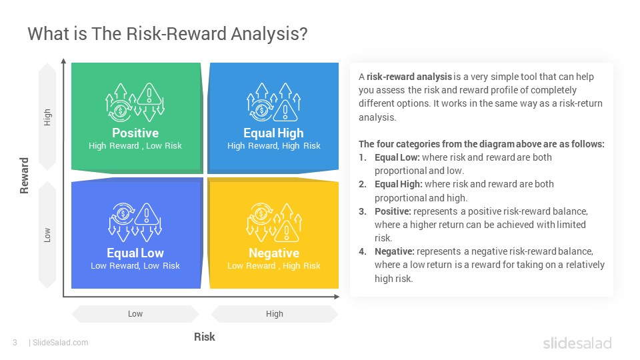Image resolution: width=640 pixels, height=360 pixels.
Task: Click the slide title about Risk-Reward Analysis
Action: coord(167,34)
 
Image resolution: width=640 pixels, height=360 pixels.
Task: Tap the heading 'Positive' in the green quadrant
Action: coord(135,133)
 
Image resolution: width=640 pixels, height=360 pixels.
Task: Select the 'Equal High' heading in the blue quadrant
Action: coord(273,133)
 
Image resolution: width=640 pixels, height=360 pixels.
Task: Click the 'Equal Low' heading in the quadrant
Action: coord(135,253)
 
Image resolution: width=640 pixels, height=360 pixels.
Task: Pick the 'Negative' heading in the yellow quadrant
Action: coord(274,253)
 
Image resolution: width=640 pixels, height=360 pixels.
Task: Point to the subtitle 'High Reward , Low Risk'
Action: coord(135,146)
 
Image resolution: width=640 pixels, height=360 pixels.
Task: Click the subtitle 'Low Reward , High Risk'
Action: coord(274,266)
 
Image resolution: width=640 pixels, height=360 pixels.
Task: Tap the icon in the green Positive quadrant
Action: coord(135,103)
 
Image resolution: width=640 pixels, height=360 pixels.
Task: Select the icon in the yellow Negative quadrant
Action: coord(274,223)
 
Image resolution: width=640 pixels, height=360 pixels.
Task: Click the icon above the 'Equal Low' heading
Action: coord(135,223)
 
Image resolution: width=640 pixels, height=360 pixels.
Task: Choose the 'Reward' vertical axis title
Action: coord(24,175)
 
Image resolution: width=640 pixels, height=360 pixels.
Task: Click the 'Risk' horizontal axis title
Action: coord(204,337)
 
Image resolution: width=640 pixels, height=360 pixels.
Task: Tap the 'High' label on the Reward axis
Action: coord(47,117)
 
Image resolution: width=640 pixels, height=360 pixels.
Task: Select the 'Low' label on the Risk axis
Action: coord(135,314)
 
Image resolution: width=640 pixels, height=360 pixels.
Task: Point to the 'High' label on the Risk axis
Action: coord(274,314)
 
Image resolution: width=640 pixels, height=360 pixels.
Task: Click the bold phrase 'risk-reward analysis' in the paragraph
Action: coord(409,77)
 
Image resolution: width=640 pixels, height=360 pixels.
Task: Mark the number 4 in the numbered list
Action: coord(363,251)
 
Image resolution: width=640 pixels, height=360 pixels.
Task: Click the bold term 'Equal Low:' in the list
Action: coord(397,157)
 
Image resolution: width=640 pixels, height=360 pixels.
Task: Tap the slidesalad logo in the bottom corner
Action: coord(577,343)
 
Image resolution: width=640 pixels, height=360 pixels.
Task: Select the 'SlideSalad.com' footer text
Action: coord(61,343)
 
